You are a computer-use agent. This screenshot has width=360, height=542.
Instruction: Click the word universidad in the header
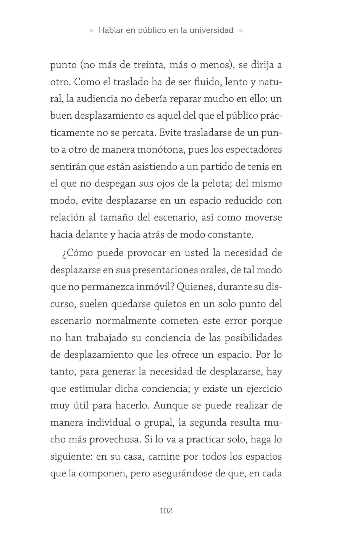click(211, 30)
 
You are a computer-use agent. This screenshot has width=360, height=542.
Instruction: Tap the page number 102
click(166, 511)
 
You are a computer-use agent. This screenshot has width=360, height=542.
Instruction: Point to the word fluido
click(207, 82)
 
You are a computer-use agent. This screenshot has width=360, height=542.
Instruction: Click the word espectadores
click(254, 150)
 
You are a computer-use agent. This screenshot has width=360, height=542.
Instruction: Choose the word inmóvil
click(152, 287)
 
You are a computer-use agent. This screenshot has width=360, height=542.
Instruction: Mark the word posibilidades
click(253, 338)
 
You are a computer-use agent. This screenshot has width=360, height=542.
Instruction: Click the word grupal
click(159, 423)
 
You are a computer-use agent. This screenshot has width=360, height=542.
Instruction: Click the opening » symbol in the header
click(91, 30)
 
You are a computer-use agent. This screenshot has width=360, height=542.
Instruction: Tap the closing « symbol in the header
click(241, 30)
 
